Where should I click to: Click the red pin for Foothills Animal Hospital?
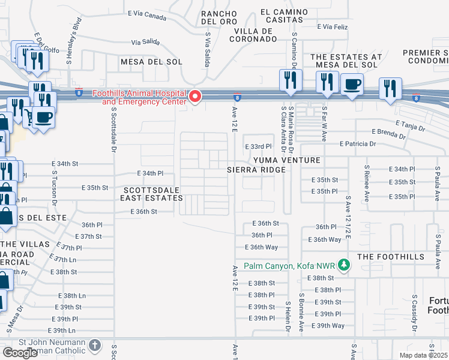[x=194, y=97]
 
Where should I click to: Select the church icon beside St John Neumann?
[x=95, y=345]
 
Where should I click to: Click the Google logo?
[x=20, y=352]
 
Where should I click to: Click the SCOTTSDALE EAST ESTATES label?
[x=151, y=193]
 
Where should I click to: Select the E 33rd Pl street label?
[x=258, y=146]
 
